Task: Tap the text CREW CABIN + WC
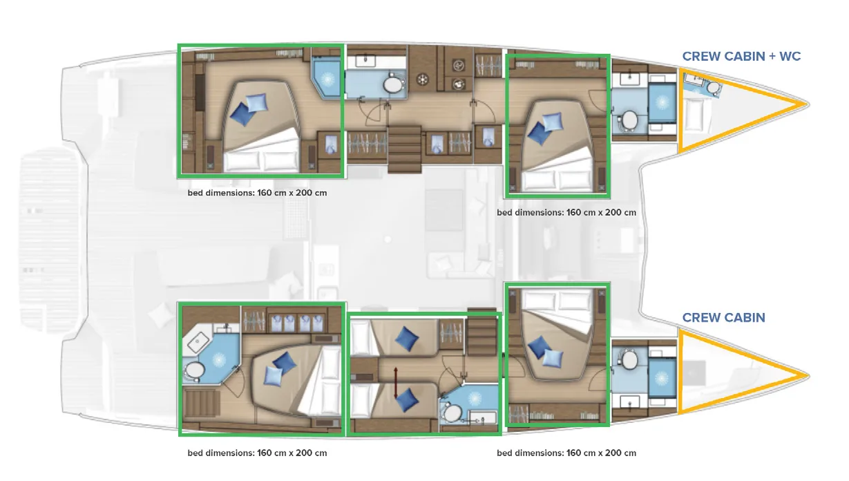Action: (741, 57)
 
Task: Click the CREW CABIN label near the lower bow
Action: (723, 318)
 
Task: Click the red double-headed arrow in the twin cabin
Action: (395, 382)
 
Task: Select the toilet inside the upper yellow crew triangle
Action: (713, 88)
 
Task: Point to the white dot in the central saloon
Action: (388, 239)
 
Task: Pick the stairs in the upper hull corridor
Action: (404, 149)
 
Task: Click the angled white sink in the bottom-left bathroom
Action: (197, 342)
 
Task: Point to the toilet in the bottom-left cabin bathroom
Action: (195, 370)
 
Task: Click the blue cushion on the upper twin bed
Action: (406, 339)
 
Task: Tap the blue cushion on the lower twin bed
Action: (406, 400)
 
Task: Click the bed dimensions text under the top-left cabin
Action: (257, 193)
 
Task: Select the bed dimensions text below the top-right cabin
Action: (566, 213)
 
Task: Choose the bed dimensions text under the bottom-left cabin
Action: (257, 453)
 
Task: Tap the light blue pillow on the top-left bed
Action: (257, 102)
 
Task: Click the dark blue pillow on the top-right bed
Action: (538, 133)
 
